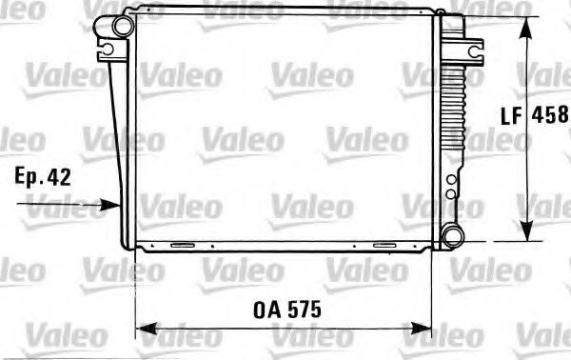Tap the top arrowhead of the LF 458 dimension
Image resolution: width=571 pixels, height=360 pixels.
tap(523, 24)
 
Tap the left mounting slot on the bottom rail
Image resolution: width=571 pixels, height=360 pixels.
tap(180, 246)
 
